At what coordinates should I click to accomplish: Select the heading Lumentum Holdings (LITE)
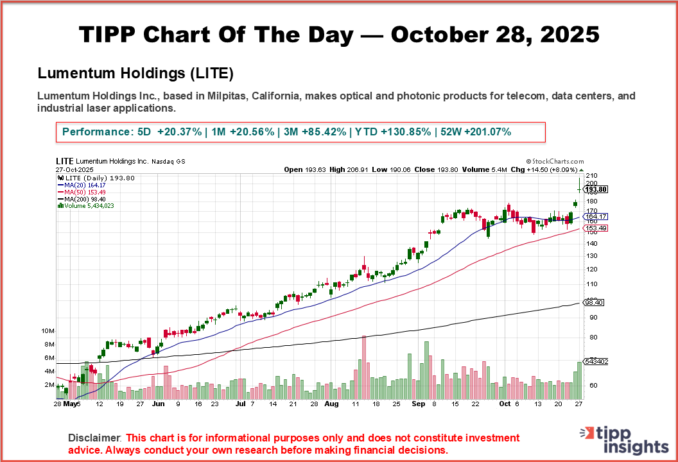pyautogui.click(x=135, y=73)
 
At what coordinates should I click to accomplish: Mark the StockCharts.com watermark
pyautogui.click(x=555, y=162)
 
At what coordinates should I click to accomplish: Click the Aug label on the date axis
pyautogui.click(x=331, y=405)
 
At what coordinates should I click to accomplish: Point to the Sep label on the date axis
pyautogui.click(x=418, y=405)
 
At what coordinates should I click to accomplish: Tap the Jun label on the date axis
pyautogui.click(x=158, y=405)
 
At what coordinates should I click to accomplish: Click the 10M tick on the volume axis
pyautogui.click(x=48, y=331)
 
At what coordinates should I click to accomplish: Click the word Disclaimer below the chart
pyautogui.click(x=94, y=438)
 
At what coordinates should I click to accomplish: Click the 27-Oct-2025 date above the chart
pyautogui.click(x=74, y=170)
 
